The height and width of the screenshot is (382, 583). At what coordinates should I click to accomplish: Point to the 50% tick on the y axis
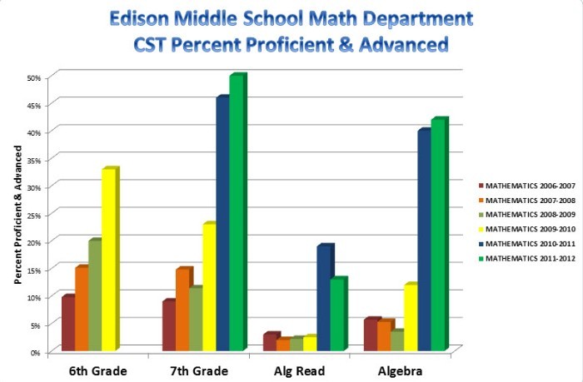tap(34, 77)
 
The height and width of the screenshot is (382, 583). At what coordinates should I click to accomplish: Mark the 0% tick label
tap(36, 352)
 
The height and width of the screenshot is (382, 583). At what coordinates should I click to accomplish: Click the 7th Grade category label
tap(198, 370)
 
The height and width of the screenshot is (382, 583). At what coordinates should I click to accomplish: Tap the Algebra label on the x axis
tap(402, 370)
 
